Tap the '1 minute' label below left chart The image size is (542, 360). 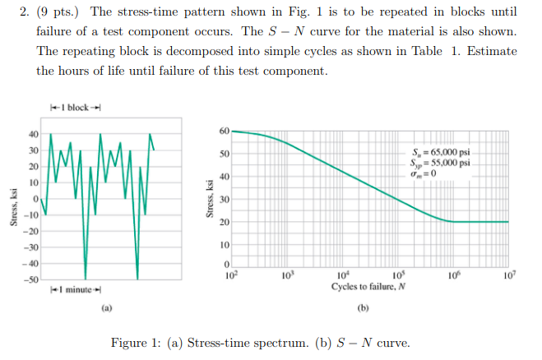coord(75,290)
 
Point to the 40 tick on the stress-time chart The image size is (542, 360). coord(34,135)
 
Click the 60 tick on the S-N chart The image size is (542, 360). coord(224,132)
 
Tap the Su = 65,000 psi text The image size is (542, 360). coord(441,153)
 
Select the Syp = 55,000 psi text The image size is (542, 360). coord(441,162)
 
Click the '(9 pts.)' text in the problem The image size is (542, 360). coord(62,12)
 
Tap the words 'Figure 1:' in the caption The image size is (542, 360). coord(134,343)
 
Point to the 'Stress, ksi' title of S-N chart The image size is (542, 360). coord(211,200)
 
